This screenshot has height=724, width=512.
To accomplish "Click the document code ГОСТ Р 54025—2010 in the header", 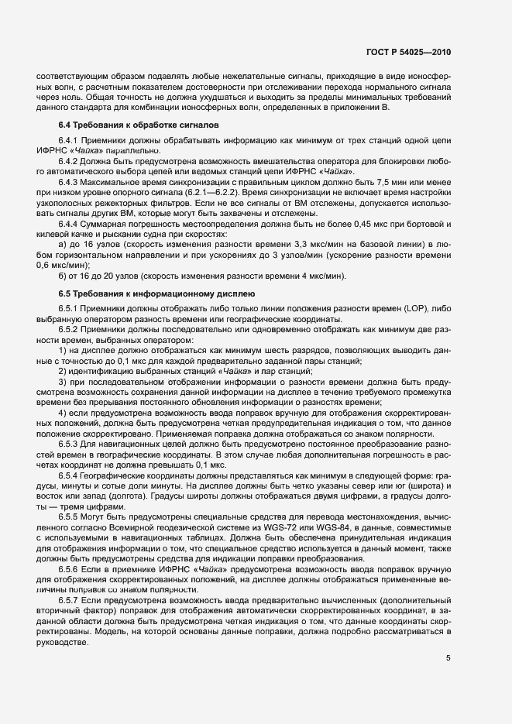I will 407,53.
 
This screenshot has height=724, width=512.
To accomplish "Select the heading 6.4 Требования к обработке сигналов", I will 139,125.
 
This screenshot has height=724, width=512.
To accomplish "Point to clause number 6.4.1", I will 70,140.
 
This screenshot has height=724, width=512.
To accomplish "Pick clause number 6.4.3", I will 70,181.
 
